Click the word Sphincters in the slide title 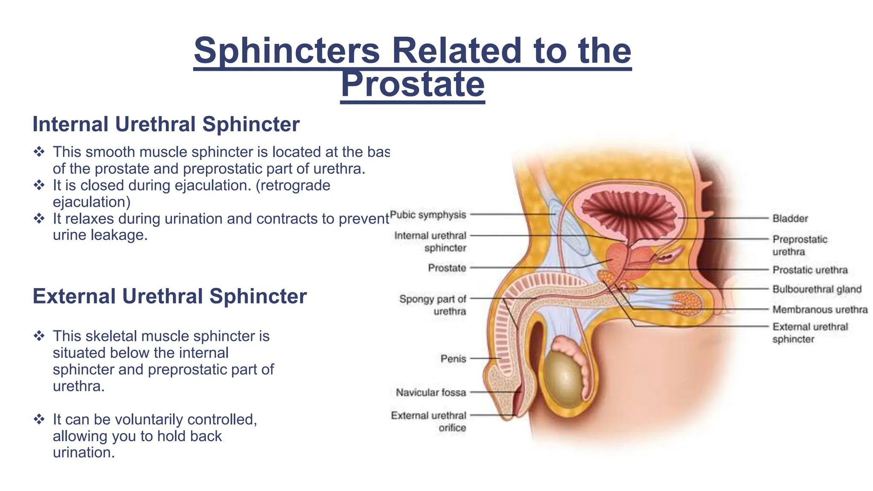[x=286, y=51]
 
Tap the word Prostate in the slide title [x=413, y=84]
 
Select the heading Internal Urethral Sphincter [x=166, y=124]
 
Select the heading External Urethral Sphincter [x=170, y=296]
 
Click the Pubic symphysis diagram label [x=428, y=215]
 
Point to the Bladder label [x=790, y=219]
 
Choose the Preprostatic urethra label [x=799, y=245]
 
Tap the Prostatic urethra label [x=810, y=270]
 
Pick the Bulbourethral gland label [x=817, y=289]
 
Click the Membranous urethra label [x=820, y=310]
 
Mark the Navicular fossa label [x=431, y=393]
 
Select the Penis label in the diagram [x=453, y=359]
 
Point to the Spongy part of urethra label [x=433, y=305]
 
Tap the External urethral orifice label [x=428, y=422]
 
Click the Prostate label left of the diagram [x=447, y=268]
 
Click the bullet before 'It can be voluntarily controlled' [x=39, y=419]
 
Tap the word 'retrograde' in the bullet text [x=293, y=186]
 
